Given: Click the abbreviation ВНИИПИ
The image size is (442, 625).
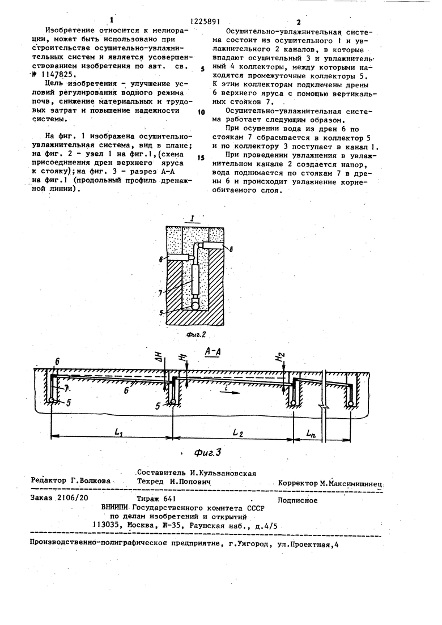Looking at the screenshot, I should tap(116, 508).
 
